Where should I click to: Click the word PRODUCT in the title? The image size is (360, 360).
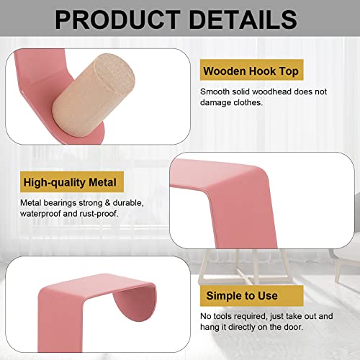[x=117, y=19]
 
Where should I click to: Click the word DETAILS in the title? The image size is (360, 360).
[x=243, y=19]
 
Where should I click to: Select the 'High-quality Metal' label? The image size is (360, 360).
[x=72, y=182]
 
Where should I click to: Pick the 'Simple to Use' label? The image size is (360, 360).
[x=251, y=296]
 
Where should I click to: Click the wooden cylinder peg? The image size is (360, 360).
[x=94, y=95]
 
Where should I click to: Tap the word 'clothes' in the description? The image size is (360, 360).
[x=248, y=102]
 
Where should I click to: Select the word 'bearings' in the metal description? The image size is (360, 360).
[x=60, y=203]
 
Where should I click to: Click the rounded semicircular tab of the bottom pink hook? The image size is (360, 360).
[x=136, y=302]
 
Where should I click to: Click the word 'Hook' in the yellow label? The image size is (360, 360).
[x=262, y=71]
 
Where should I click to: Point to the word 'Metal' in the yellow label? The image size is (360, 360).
[x=102, y=182]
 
